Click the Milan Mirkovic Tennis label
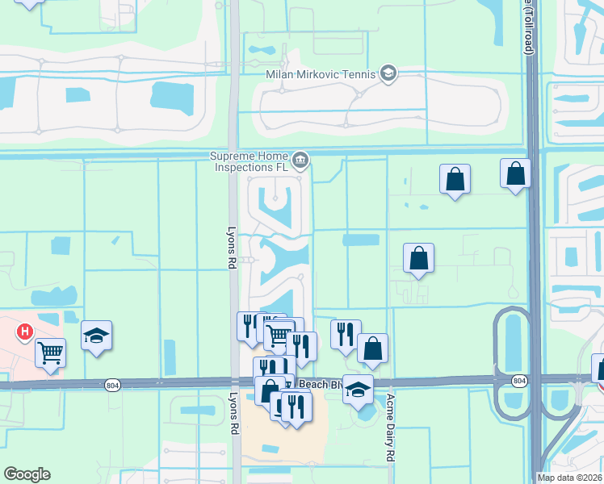[321, 75]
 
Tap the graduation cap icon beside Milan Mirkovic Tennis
[388, 75]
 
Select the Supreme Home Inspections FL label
[250, 161]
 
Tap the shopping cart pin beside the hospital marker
[50, 353]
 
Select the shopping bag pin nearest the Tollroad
[515, 174]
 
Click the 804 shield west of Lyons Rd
[111, 384]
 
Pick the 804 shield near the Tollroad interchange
[519, 380]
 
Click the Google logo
[27, 474]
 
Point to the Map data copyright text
[570, 478]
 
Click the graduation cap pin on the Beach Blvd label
[358, 390]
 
